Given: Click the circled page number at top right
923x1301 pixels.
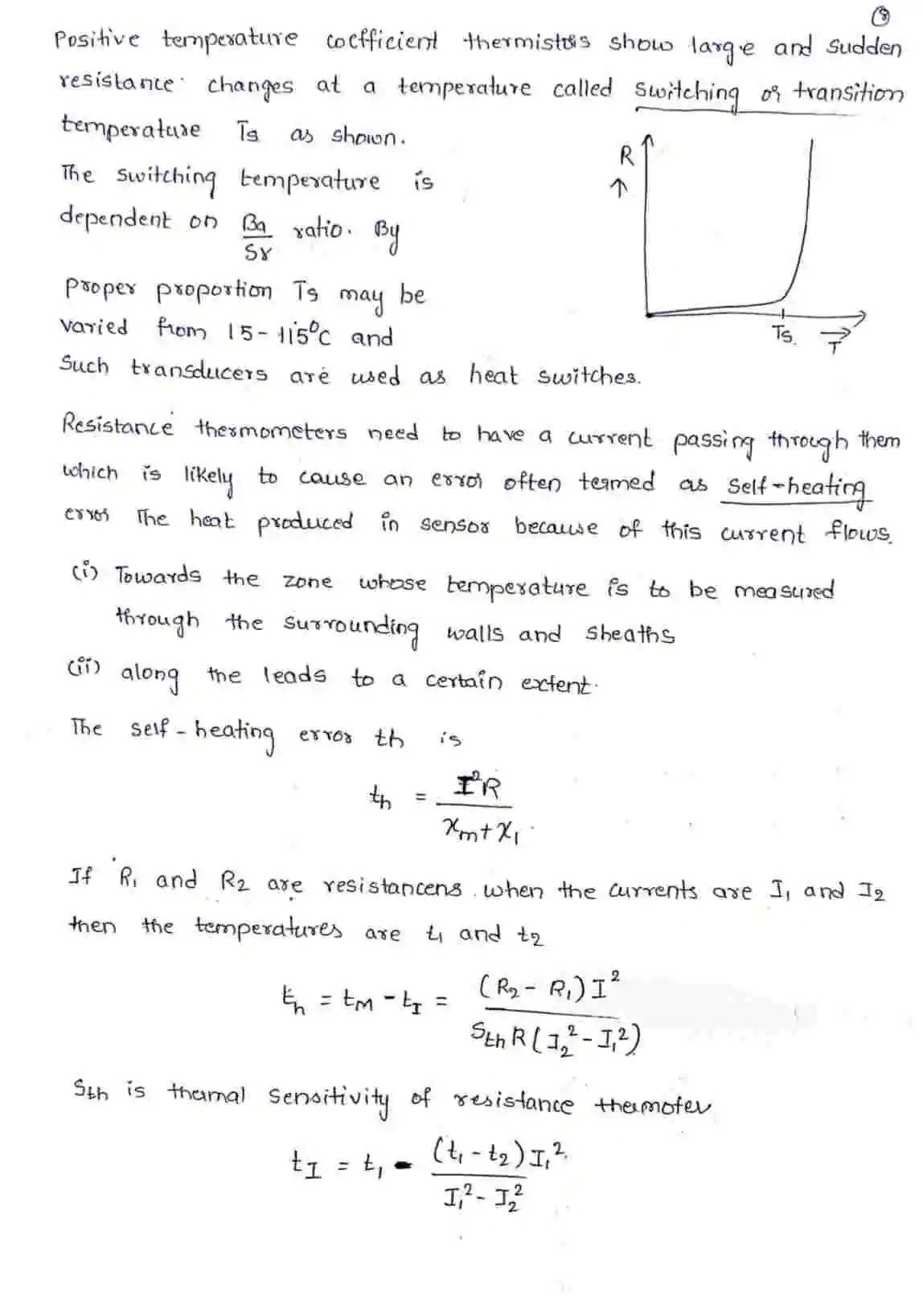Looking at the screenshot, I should coord(882,15).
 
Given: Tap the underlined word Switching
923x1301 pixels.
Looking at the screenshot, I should coord(686,93).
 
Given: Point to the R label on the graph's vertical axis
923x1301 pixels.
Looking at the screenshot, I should coord(626,155).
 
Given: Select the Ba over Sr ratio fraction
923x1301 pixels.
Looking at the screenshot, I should coord(256,238).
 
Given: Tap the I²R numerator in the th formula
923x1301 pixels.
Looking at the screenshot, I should coord(477,786).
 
